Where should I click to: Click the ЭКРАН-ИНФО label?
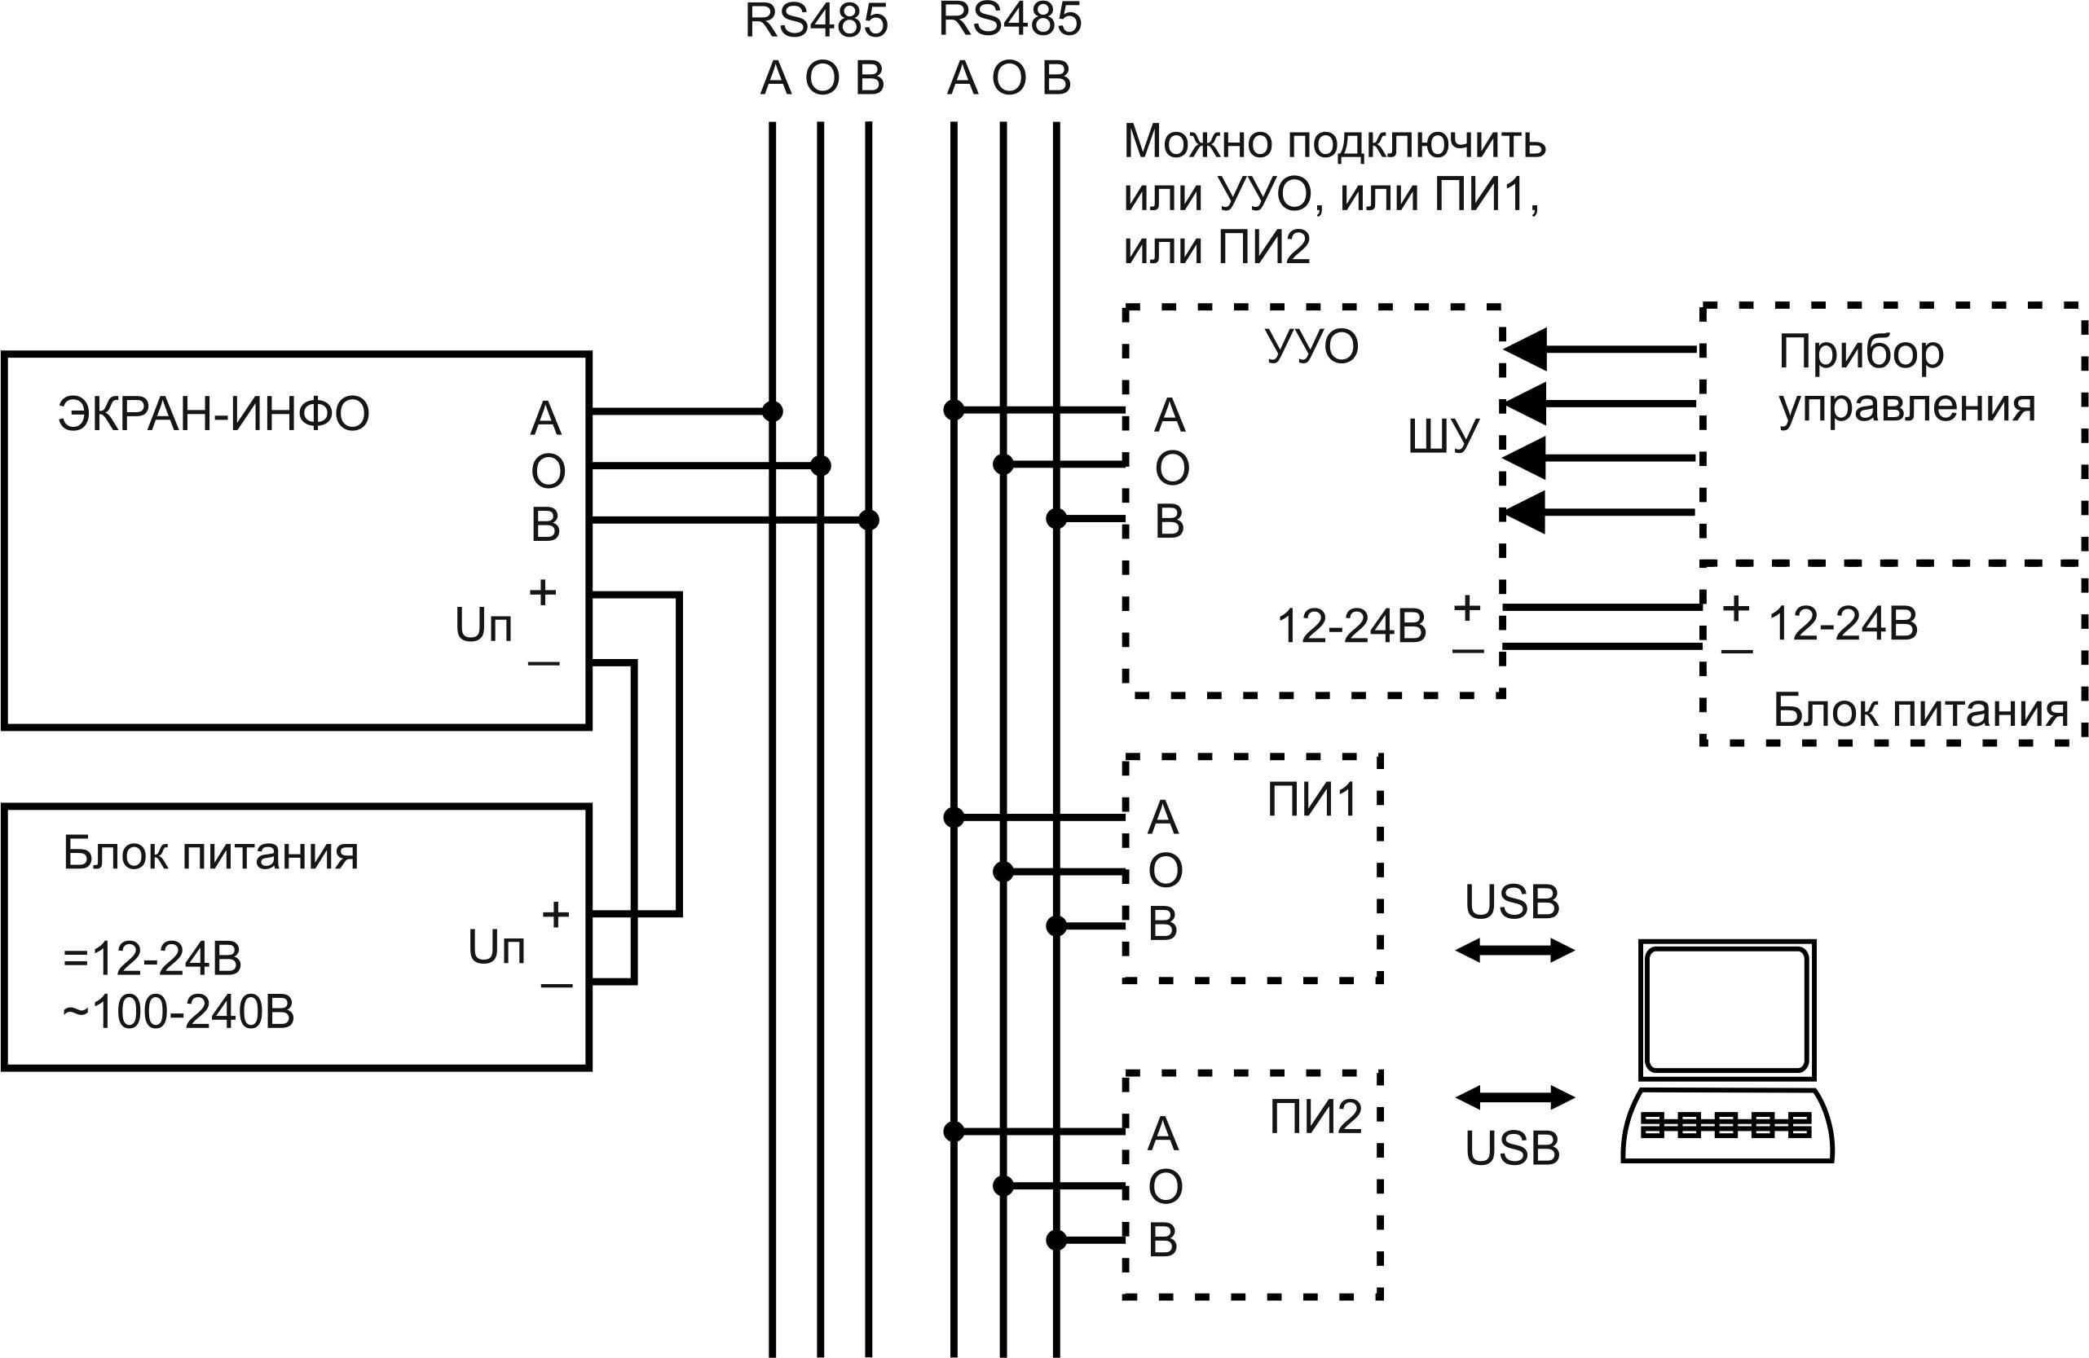point(214,415)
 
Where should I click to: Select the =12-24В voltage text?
point(152,958)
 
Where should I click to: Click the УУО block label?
point(1312,347)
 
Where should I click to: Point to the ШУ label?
point(1443,436)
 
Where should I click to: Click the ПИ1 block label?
point(1312,799)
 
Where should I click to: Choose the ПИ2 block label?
point(1315,1117)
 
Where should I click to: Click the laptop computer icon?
point(1726,1052)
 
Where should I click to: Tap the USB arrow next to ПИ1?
point(1515,950)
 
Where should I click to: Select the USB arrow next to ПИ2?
point(1515,1097)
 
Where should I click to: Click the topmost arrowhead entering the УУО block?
point(1526,349)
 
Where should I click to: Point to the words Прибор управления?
point(1905,379)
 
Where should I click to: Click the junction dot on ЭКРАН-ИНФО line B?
point(868,521)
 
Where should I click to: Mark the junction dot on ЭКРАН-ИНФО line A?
point(773,411)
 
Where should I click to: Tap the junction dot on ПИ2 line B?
point(1056,1241)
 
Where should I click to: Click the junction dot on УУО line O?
point(1003,464)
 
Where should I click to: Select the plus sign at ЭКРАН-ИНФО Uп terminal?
point(543,593)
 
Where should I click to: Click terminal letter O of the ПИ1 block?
point(1166,871)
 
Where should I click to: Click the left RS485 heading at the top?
point(817,21)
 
